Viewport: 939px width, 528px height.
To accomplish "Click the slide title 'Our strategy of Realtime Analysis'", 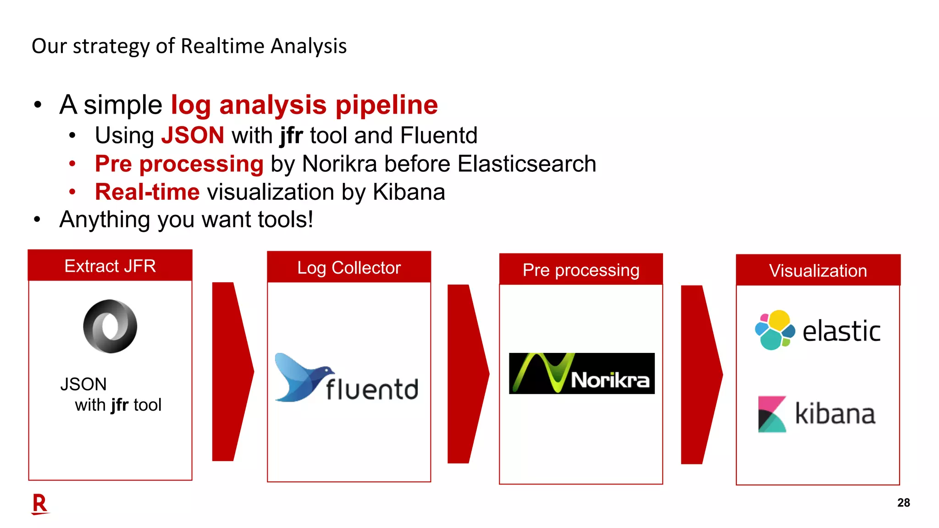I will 189,46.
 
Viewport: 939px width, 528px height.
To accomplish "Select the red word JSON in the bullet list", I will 193,136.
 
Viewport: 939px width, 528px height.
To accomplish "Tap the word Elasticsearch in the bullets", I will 527,164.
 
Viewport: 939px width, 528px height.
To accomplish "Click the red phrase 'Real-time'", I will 147,192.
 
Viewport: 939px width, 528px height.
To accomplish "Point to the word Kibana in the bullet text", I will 409,192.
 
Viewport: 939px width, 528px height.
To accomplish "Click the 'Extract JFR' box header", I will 110,266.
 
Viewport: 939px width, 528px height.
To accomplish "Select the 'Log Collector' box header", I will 349,268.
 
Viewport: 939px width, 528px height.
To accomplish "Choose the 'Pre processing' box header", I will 581,270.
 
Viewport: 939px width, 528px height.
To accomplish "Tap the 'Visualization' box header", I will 818,271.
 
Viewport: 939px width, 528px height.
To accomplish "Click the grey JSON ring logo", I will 110,326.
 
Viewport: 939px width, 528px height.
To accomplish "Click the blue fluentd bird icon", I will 300,377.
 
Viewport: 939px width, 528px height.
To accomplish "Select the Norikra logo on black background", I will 582,374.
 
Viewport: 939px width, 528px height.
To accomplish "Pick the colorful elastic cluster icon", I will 775,330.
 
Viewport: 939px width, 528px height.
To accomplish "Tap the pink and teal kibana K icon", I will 772,414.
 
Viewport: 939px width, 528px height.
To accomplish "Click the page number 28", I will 903,503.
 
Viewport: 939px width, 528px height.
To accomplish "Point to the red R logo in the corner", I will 40,504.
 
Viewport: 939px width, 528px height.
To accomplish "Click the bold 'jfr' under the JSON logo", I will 119,405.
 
